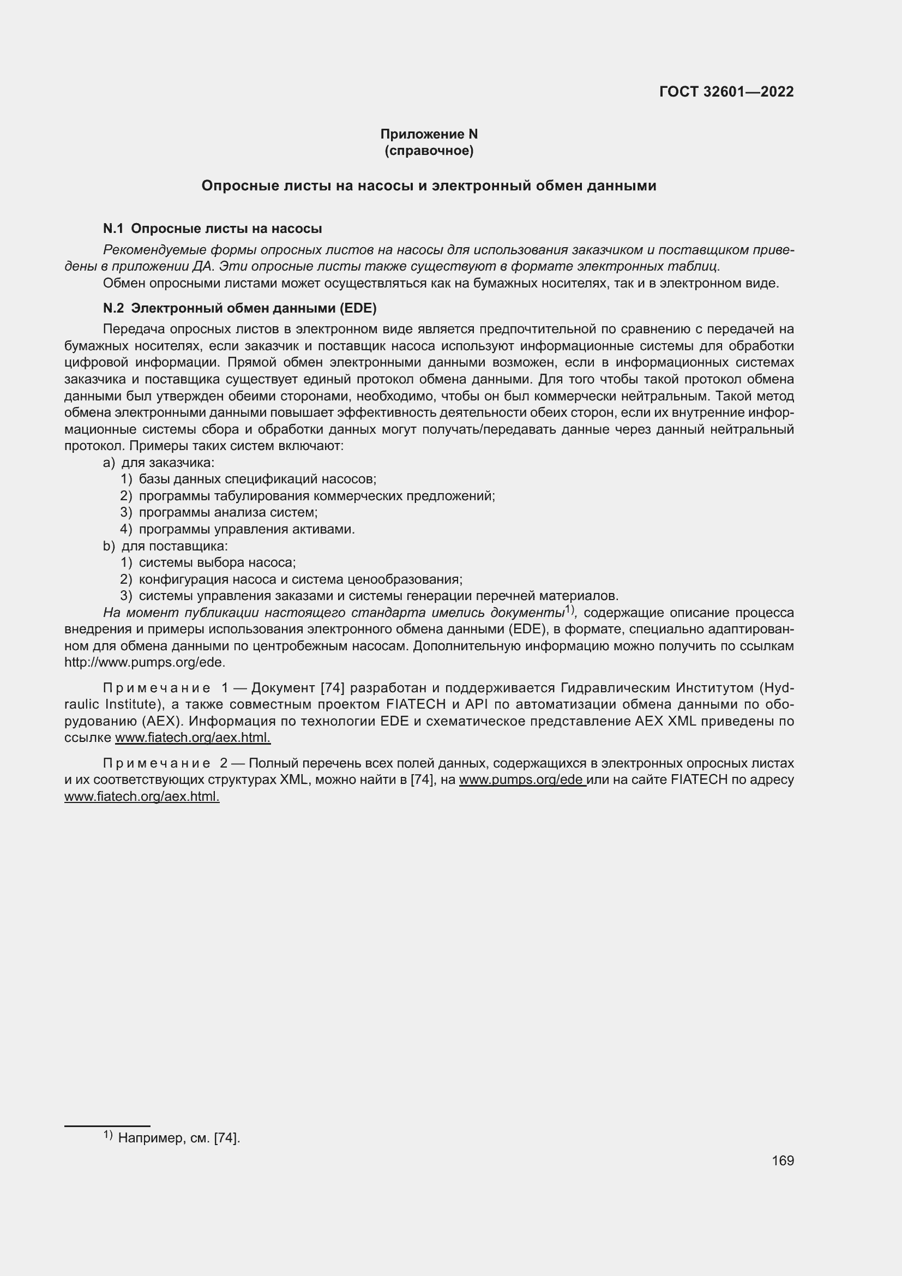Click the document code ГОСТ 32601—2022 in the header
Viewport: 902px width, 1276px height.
coord(726,92)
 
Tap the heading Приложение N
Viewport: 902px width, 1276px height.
coord(429,134)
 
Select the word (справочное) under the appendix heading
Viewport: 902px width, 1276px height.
coord(429,151)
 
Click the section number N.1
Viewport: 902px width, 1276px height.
coord(113,229)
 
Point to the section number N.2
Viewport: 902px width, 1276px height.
coord(113,308)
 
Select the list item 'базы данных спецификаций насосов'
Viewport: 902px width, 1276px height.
coord(257,479)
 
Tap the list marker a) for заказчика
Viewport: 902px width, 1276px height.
coord(109,463)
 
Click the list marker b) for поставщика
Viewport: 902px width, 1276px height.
coord(109,546)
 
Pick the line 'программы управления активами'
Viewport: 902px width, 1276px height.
coord(246,529)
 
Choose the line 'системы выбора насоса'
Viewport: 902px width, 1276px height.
coord(217,562)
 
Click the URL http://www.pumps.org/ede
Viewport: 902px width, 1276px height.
coord(145,662)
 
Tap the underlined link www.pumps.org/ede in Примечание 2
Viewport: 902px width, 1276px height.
coord(522,780)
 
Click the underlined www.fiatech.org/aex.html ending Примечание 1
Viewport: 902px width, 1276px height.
coord(192,738)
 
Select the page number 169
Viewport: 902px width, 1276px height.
coord(782,1161)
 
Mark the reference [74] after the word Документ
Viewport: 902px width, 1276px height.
coord(333,688)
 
